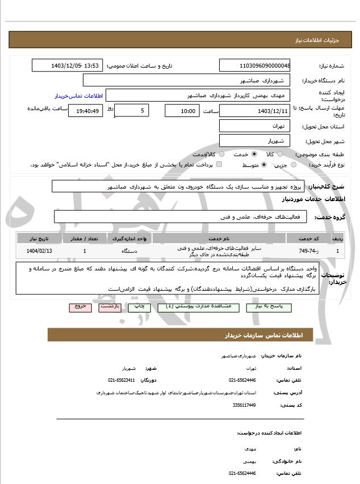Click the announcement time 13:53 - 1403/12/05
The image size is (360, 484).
click(x=67, y=65)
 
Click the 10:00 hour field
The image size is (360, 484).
click(x=182, y=111)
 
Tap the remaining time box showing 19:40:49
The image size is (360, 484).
click(x=85, y=111)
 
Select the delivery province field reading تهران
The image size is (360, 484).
click(x=254, y=126)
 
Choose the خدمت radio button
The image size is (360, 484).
click(x=253, y=155)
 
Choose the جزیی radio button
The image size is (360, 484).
click(x=293, y=165)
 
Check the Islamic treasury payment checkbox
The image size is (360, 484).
click(x=219, y=165)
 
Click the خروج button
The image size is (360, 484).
click(x=80, y=307)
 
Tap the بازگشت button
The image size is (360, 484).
click(x=110, y=307)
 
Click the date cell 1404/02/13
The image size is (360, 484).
click(x=39, y=251)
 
